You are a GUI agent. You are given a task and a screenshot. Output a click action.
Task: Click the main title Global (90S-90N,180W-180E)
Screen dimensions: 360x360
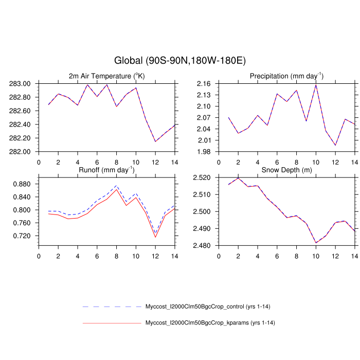click(180, 61)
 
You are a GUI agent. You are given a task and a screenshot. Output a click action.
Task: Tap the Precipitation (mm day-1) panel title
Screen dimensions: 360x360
click(286, 76)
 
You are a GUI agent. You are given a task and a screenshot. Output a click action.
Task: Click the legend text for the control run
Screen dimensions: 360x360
click(208, 307)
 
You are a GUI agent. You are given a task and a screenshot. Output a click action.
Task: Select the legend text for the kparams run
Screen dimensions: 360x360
click(208, 323)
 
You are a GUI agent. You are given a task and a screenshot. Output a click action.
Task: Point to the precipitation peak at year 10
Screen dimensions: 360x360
click(316, 84)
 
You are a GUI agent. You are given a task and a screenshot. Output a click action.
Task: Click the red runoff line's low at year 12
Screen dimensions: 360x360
click(155, 237)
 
